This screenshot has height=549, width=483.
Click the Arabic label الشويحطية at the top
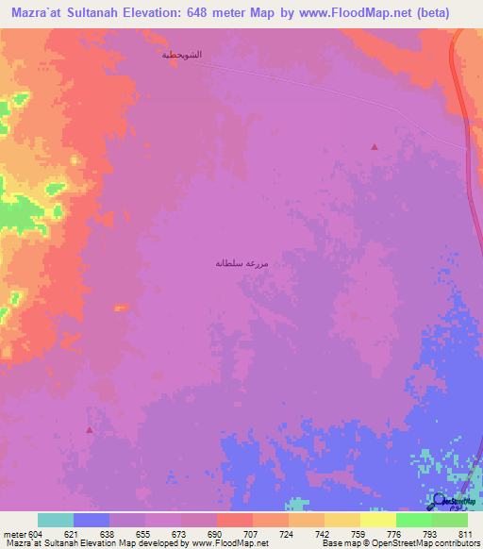[182, 55]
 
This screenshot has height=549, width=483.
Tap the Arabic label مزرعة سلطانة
[242, 263]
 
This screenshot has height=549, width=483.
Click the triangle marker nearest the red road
[375, 147]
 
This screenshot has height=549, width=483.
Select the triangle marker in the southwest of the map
[90, 429]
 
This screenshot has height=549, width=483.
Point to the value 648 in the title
[213, 13]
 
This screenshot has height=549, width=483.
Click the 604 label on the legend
[36, 534]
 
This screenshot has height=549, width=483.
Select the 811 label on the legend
[466, 534]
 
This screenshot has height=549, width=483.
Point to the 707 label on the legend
[251, 534]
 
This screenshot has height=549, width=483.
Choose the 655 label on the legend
[143, 534]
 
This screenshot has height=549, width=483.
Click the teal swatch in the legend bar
[55, 521]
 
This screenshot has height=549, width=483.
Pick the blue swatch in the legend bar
[91, 521]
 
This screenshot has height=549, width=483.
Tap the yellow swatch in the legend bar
[341, 521]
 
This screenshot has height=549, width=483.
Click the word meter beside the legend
[12, 534]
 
